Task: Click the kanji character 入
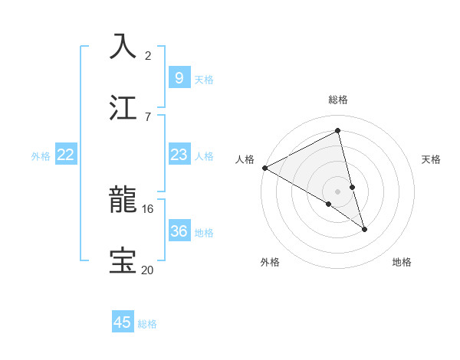click(123, 46)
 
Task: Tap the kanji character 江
click(123, 106)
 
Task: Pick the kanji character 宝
click(123, 260)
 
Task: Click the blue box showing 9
click(179, 77)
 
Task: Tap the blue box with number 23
click(179, 155)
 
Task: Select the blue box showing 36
click(179, 231)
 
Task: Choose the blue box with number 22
click(66, 155)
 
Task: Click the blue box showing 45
click(123, 322)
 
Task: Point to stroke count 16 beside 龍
click(148, 208)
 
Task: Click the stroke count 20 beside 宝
click(148, 269)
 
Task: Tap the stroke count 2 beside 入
click(148, 55)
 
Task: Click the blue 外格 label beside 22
click(41, 155)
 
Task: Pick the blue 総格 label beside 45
click(147, 323)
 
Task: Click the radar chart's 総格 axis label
click(338, 100)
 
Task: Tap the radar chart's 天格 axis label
click(432, 159)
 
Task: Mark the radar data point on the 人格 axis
click(264, 168)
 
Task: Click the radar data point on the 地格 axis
click(364, 229)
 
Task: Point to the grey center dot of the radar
click(338, 191)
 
